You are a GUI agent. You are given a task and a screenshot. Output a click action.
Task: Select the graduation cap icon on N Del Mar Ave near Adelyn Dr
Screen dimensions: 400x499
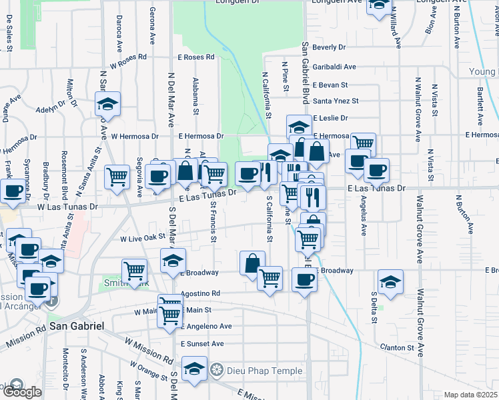pyautogui.click(x=107, y=105)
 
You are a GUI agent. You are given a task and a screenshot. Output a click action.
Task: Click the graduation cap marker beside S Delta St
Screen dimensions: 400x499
pyautogui.click(x=390, y=281)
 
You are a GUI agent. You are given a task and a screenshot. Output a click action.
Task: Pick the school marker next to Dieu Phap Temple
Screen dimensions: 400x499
pyautogui.click(x=194, y=369)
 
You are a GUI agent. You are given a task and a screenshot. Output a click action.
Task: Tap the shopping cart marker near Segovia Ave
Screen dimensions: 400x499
pyautogui.click(x=118, y=177)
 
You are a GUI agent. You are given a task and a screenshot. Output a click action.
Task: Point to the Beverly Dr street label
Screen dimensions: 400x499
pyautogui.click(x=329, y=47)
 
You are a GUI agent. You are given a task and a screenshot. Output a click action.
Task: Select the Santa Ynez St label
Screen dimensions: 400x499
pyautogui.click(x=336, y=101)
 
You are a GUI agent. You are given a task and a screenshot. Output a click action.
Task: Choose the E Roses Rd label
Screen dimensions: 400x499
pyautogui.click(x=195, y=57)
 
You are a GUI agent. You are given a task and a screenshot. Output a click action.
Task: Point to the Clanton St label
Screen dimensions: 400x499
pyautogui.click(x=397, y=348)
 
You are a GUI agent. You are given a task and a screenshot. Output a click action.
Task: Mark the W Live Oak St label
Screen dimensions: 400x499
pyautogui.click(x=143, y=238)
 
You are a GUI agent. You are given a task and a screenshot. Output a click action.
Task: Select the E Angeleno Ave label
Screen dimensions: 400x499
pyautogui.click(x=206, y=327)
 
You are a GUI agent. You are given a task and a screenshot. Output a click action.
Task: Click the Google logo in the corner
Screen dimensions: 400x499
pyautogui.click(x=22, y=391)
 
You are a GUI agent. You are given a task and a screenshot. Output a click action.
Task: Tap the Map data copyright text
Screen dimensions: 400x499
pyautogui.click(x=471, y=395)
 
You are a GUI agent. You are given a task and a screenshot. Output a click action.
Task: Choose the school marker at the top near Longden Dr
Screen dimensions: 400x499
pyautogui.click(x=379, y=5)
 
